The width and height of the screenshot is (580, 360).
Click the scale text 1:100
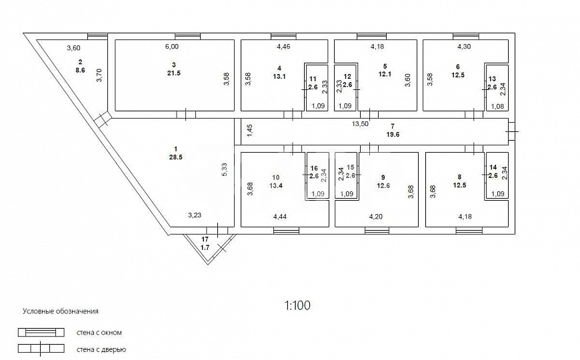[297, 305]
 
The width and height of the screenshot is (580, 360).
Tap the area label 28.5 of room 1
[175, 157]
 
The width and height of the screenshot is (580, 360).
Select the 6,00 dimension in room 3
[171, 46]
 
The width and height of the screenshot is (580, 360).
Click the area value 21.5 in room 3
[173, 73]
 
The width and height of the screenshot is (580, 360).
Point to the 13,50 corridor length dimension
[360, 124]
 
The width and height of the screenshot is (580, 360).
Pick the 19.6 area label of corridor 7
[393, 135]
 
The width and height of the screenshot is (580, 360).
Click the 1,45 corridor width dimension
[250, 131]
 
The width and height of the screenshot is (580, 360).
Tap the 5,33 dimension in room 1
[225, 170]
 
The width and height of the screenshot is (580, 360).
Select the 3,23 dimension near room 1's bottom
[195, 215]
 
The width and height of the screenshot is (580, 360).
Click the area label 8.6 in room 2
[80, 69]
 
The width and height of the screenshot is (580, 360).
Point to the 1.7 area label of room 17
[205, 247]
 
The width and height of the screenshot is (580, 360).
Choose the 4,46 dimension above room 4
[284, 46]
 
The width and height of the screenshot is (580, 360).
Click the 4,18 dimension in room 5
[377, 46]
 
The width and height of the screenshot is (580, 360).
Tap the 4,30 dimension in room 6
[464, 46]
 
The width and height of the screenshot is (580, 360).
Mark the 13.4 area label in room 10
[276, 186]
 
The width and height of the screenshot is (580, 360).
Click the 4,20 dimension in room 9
[376, 217]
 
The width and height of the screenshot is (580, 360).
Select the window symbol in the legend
[41, 332]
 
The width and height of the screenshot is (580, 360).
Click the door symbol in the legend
[41, 349]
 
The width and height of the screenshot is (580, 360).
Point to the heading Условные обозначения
[61, 311]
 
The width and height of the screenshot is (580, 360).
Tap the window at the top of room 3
[187, 36]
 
